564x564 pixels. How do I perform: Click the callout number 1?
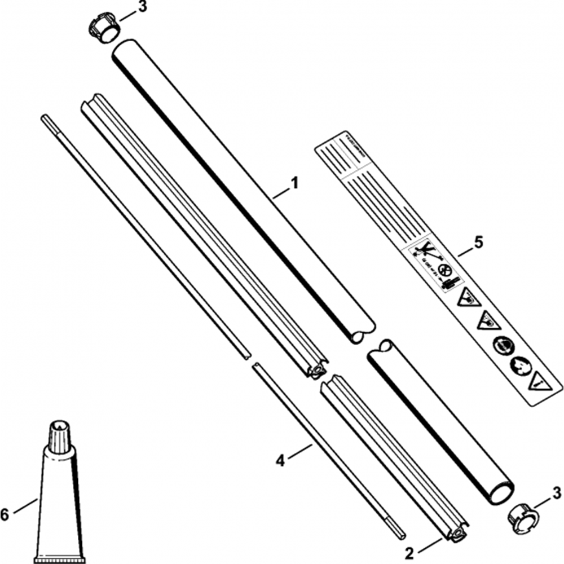pos(294,184)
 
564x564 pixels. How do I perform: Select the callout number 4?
pos(280,461)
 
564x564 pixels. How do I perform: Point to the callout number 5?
pos(478,243)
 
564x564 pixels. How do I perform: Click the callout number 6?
pos(6,514)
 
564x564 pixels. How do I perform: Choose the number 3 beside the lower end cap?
pos(557,492)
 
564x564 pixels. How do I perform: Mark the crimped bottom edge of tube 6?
pos(59,561)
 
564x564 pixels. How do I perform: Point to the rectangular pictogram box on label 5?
pos(433,265)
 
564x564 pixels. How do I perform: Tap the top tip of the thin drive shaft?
pos(45,117)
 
